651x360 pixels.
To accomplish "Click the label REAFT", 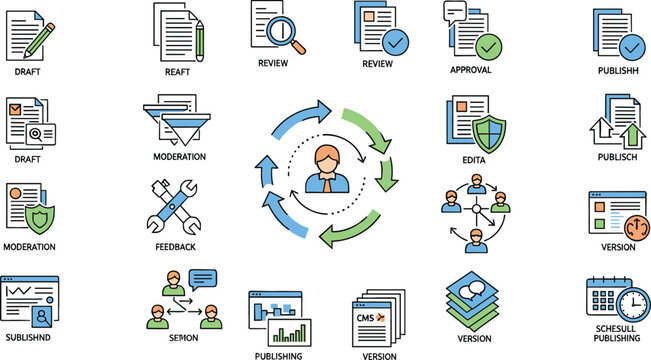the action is click(178, 71).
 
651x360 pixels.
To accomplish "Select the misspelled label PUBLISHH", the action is click(617, 72).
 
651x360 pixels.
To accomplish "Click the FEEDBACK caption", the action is click(176, 246).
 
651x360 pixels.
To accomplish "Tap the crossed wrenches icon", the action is click(175, 206).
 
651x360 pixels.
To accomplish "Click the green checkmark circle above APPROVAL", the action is click(489, 46).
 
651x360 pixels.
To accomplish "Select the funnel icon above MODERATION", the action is click(183, 123).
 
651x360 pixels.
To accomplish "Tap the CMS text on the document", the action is click(366, 317).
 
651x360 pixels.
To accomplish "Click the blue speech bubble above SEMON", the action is click(202, 278).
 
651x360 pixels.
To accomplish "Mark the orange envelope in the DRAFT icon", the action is click(16, 109).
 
